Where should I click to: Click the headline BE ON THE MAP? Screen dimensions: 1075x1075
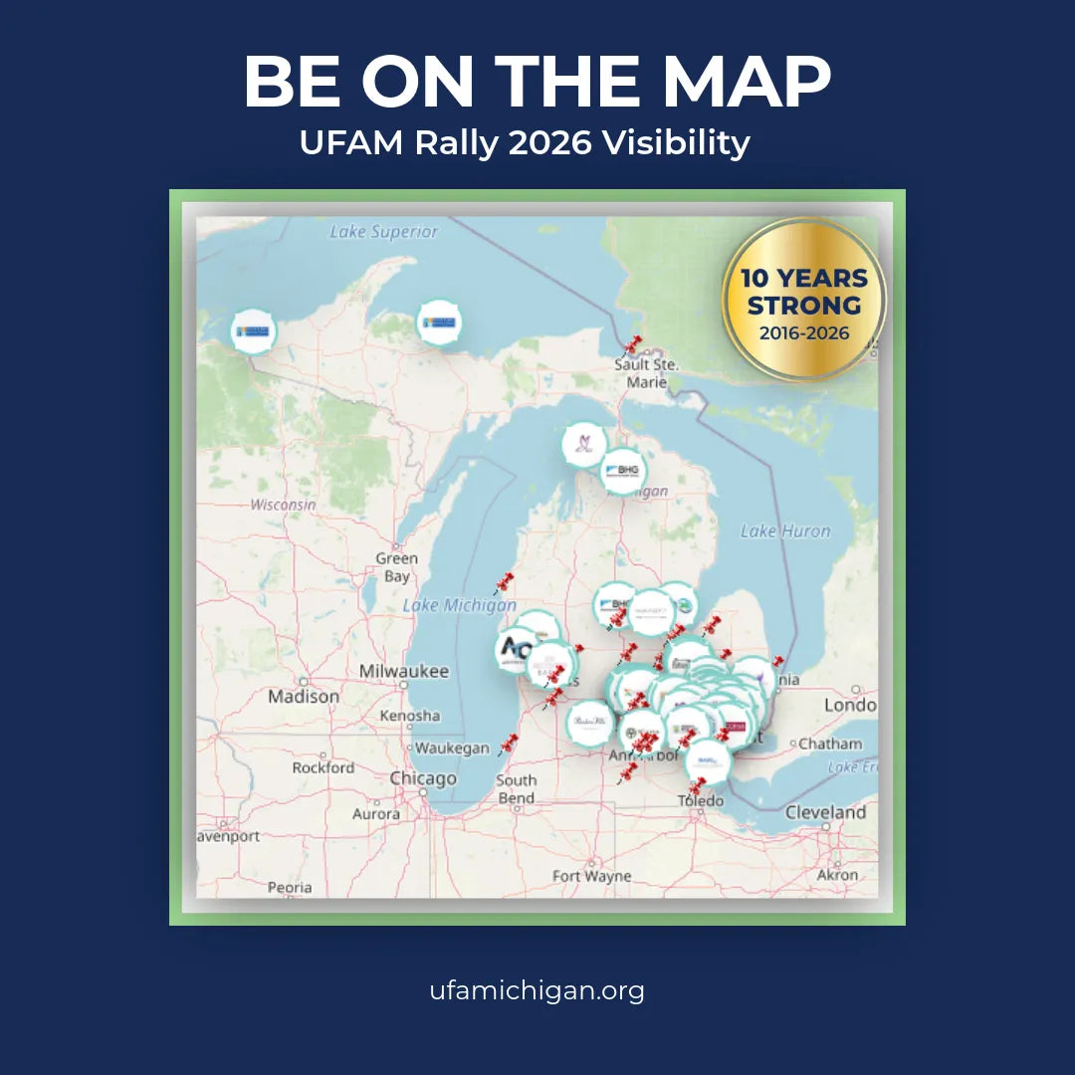point(537,82)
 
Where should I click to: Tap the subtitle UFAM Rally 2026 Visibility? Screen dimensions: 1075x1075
point(525,143)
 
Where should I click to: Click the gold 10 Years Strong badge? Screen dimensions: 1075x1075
point(803,300)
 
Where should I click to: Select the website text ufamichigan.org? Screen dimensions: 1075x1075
point(537,990)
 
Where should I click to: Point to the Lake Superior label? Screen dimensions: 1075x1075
point(383,232)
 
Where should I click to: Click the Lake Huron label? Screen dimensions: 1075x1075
point(784,531)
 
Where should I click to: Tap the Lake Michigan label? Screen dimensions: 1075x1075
point(459,605)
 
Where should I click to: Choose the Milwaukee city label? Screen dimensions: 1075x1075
point(404,672)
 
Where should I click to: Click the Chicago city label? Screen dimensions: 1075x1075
point(423,778)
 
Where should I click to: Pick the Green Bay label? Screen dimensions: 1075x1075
point(396,567)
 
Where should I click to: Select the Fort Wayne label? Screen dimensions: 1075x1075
point(592,876)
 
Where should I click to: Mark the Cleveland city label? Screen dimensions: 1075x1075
point(825,812)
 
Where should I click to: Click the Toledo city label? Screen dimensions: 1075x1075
point(701,801)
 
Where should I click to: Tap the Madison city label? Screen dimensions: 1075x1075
point(303,697)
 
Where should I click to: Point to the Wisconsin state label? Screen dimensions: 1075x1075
point(283,505)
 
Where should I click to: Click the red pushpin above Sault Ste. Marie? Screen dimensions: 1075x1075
point(632,345)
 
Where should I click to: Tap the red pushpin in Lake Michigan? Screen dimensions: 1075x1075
point(505,582)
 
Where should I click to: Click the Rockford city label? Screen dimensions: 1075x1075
point(322,767)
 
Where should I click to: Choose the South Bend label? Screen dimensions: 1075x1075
point(516,788)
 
